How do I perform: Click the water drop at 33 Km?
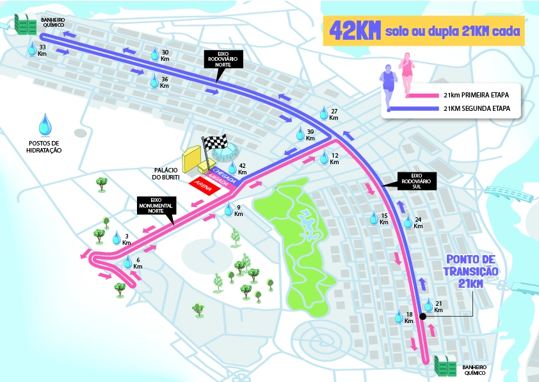point(33,48)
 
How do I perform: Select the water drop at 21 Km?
point(428,305)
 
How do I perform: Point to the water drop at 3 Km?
point(117,238)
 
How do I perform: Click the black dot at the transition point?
point(423,317)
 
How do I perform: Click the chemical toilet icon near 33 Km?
point(26,25)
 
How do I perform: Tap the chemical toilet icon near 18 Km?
point(444,365)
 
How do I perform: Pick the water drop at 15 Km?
point(374,219)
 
